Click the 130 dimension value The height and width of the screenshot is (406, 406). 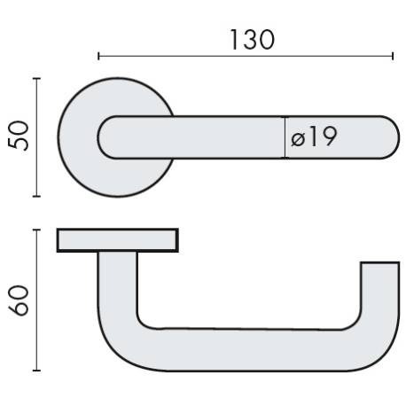click(252, 39)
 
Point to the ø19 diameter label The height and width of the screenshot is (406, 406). click(314, 137)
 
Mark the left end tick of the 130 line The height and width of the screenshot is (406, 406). click(98, 56)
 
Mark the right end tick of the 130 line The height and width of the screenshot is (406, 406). click(393, 56)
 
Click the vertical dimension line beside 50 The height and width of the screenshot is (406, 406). click(36, 137)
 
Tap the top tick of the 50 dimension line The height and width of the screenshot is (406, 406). click(36, 79)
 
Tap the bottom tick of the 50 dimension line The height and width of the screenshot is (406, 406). click(36, 196)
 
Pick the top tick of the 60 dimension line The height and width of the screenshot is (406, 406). click(36, 230)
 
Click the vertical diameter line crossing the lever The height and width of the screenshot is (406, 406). click(285, 137)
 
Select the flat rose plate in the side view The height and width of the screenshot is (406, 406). click(118, 240)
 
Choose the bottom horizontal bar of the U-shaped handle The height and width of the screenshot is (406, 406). click(248, 349)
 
